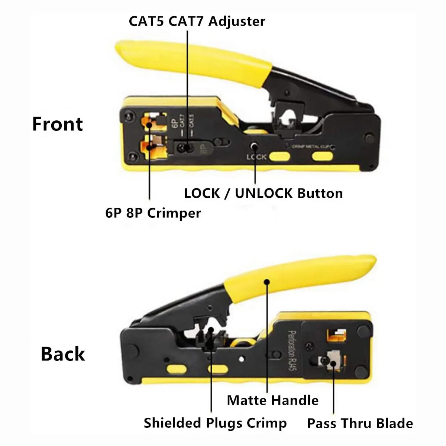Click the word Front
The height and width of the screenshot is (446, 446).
coord(58,124)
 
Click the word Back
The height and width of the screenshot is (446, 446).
coord(63,354)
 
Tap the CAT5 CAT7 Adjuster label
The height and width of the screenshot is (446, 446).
coord(197,21)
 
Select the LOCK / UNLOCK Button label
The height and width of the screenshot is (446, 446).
coord(264,193)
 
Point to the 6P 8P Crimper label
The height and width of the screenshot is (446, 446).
coord(153,213)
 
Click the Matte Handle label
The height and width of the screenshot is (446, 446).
coord(272,400)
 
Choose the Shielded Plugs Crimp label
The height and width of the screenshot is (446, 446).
coord(215,423)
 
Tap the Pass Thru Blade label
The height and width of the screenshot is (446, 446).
coord(360,423)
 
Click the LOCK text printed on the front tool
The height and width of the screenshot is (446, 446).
coord(256,157)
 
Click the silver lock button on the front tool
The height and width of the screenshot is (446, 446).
coord(255,146)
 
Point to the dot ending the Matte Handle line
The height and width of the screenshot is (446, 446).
coord(266,282)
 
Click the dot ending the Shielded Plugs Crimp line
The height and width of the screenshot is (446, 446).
coord(211,330)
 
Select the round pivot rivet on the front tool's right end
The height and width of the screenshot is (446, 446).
coord(369,138)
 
